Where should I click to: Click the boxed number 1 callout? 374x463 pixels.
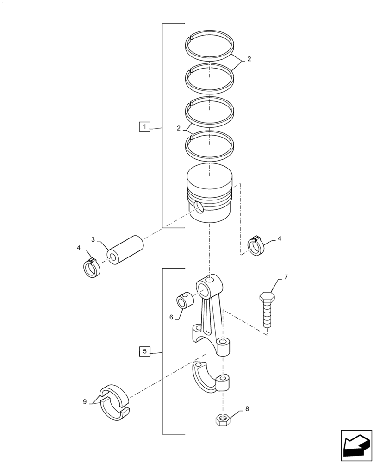[144, 126]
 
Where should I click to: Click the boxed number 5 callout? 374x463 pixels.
[144, 351]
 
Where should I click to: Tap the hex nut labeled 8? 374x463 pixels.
[223, 419]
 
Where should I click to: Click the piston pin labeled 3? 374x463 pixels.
[125, 250]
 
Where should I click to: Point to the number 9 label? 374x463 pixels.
[85, 402]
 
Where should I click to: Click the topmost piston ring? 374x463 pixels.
[210, 46]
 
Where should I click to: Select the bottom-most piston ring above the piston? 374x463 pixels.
[210, 144]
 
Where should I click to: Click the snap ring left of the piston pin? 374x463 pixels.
[91, 268]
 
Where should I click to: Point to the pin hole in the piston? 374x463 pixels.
[198, 208]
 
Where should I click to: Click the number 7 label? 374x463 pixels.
[286, 277]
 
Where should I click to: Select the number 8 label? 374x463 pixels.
[247, 409]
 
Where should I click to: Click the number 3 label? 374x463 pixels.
[93, 240]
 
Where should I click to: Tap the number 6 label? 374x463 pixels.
[171, 317]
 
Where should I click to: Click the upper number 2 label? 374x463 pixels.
[249, 59]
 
